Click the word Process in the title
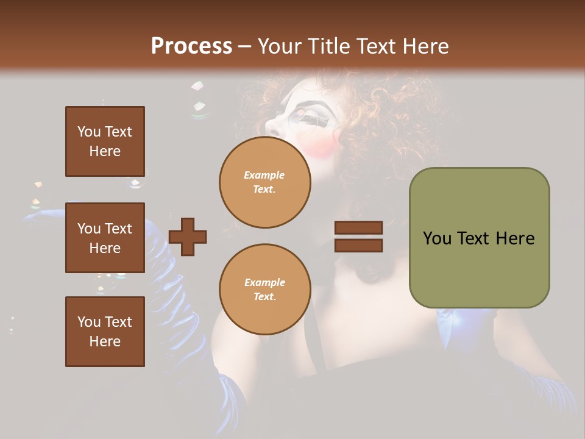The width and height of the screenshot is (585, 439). (x=191, y=46)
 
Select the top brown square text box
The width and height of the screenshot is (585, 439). (x=105, y=141)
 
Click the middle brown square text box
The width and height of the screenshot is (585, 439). (x=105, y=238)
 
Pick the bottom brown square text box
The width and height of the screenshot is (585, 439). (x=105, y=332)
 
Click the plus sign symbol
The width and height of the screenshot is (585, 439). (x=188, y=237)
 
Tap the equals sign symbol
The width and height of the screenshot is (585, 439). (x=358, y=237)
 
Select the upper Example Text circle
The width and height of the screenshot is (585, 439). (x=264, y=182)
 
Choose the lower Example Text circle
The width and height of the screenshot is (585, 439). (x=264, y=289)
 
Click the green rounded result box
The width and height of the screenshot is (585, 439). (x=479, y=238)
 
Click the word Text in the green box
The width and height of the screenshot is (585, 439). (x=478, y=238)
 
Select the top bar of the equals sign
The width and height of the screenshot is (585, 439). (x=358, y=228)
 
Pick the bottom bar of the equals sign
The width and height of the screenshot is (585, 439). (x=358, y=245)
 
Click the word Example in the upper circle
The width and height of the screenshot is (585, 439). (x=264, y=175)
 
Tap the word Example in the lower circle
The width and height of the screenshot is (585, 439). (x=264, y=282)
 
